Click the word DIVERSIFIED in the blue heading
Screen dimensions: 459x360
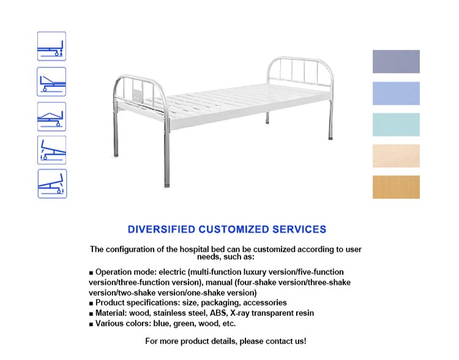point(162,230)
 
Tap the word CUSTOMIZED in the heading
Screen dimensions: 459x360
point(233,230)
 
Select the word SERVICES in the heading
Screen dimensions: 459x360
point(299,230)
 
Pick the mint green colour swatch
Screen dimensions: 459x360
point(396,125)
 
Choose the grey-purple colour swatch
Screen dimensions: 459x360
point(396,61)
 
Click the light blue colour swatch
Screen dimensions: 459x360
point(396,94)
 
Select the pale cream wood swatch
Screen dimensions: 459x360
point(396,156)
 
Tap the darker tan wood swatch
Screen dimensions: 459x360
point(396,187)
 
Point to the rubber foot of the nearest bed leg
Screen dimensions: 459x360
point(166,186)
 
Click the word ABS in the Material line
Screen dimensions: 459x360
point(218,313)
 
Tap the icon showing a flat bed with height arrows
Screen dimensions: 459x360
point(51,47)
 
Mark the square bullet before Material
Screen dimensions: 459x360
point(91,313)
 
